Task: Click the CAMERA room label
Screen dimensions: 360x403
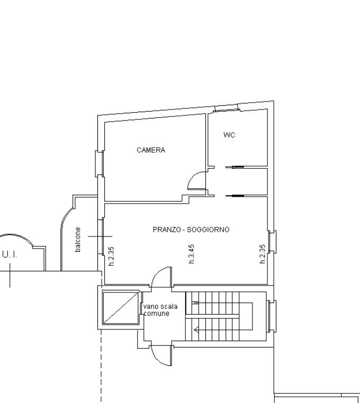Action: (151, 150)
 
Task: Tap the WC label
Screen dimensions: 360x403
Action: (229, 135)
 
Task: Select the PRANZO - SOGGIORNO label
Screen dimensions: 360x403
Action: (191, 230)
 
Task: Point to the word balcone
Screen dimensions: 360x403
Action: (77, 239)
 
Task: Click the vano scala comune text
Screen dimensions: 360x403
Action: (160, 310)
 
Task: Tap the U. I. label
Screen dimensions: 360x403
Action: (10, 255)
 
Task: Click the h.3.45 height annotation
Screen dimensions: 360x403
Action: (192, 254)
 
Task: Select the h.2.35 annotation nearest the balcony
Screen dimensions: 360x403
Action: (111, 257)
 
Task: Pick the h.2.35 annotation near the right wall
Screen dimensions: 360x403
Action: (262, 254)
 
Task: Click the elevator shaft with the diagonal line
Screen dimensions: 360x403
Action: (121, 308)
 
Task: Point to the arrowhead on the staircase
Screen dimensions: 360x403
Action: (196, 329)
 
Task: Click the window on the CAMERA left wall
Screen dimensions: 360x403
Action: (100, 163)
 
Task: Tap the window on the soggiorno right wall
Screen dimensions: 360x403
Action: (272, 242)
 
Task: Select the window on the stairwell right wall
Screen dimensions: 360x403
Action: (272, 316)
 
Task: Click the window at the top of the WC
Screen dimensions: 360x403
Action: (227, 108)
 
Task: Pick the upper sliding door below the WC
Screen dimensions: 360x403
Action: (235, 167)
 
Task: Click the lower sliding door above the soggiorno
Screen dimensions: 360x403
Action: (235, 196)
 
